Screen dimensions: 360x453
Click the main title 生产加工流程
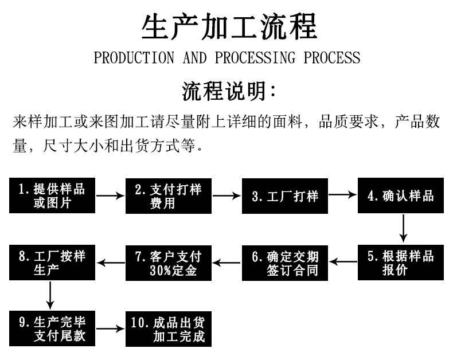point(228,28)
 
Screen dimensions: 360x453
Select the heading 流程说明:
point(228,91)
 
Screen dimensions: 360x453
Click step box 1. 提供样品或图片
point(52,196)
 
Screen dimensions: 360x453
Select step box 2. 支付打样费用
point(168,196)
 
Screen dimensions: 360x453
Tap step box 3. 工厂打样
point(284,196)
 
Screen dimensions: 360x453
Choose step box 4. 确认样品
point(401,196)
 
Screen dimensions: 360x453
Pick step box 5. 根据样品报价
point(401,263)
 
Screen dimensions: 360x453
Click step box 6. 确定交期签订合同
point(284,263)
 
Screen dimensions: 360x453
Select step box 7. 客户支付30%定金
point(168,263)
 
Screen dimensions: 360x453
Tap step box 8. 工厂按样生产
point(52,263)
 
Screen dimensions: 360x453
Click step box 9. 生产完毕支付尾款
point(52,328)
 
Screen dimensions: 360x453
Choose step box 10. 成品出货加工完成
point(168,329)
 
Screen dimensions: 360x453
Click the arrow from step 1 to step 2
point(110,196)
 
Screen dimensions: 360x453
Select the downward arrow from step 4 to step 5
point(403,229)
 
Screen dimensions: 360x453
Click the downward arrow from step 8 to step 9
point(50,295)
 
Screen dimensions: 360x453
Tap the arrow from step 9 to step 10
point(110,329)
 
